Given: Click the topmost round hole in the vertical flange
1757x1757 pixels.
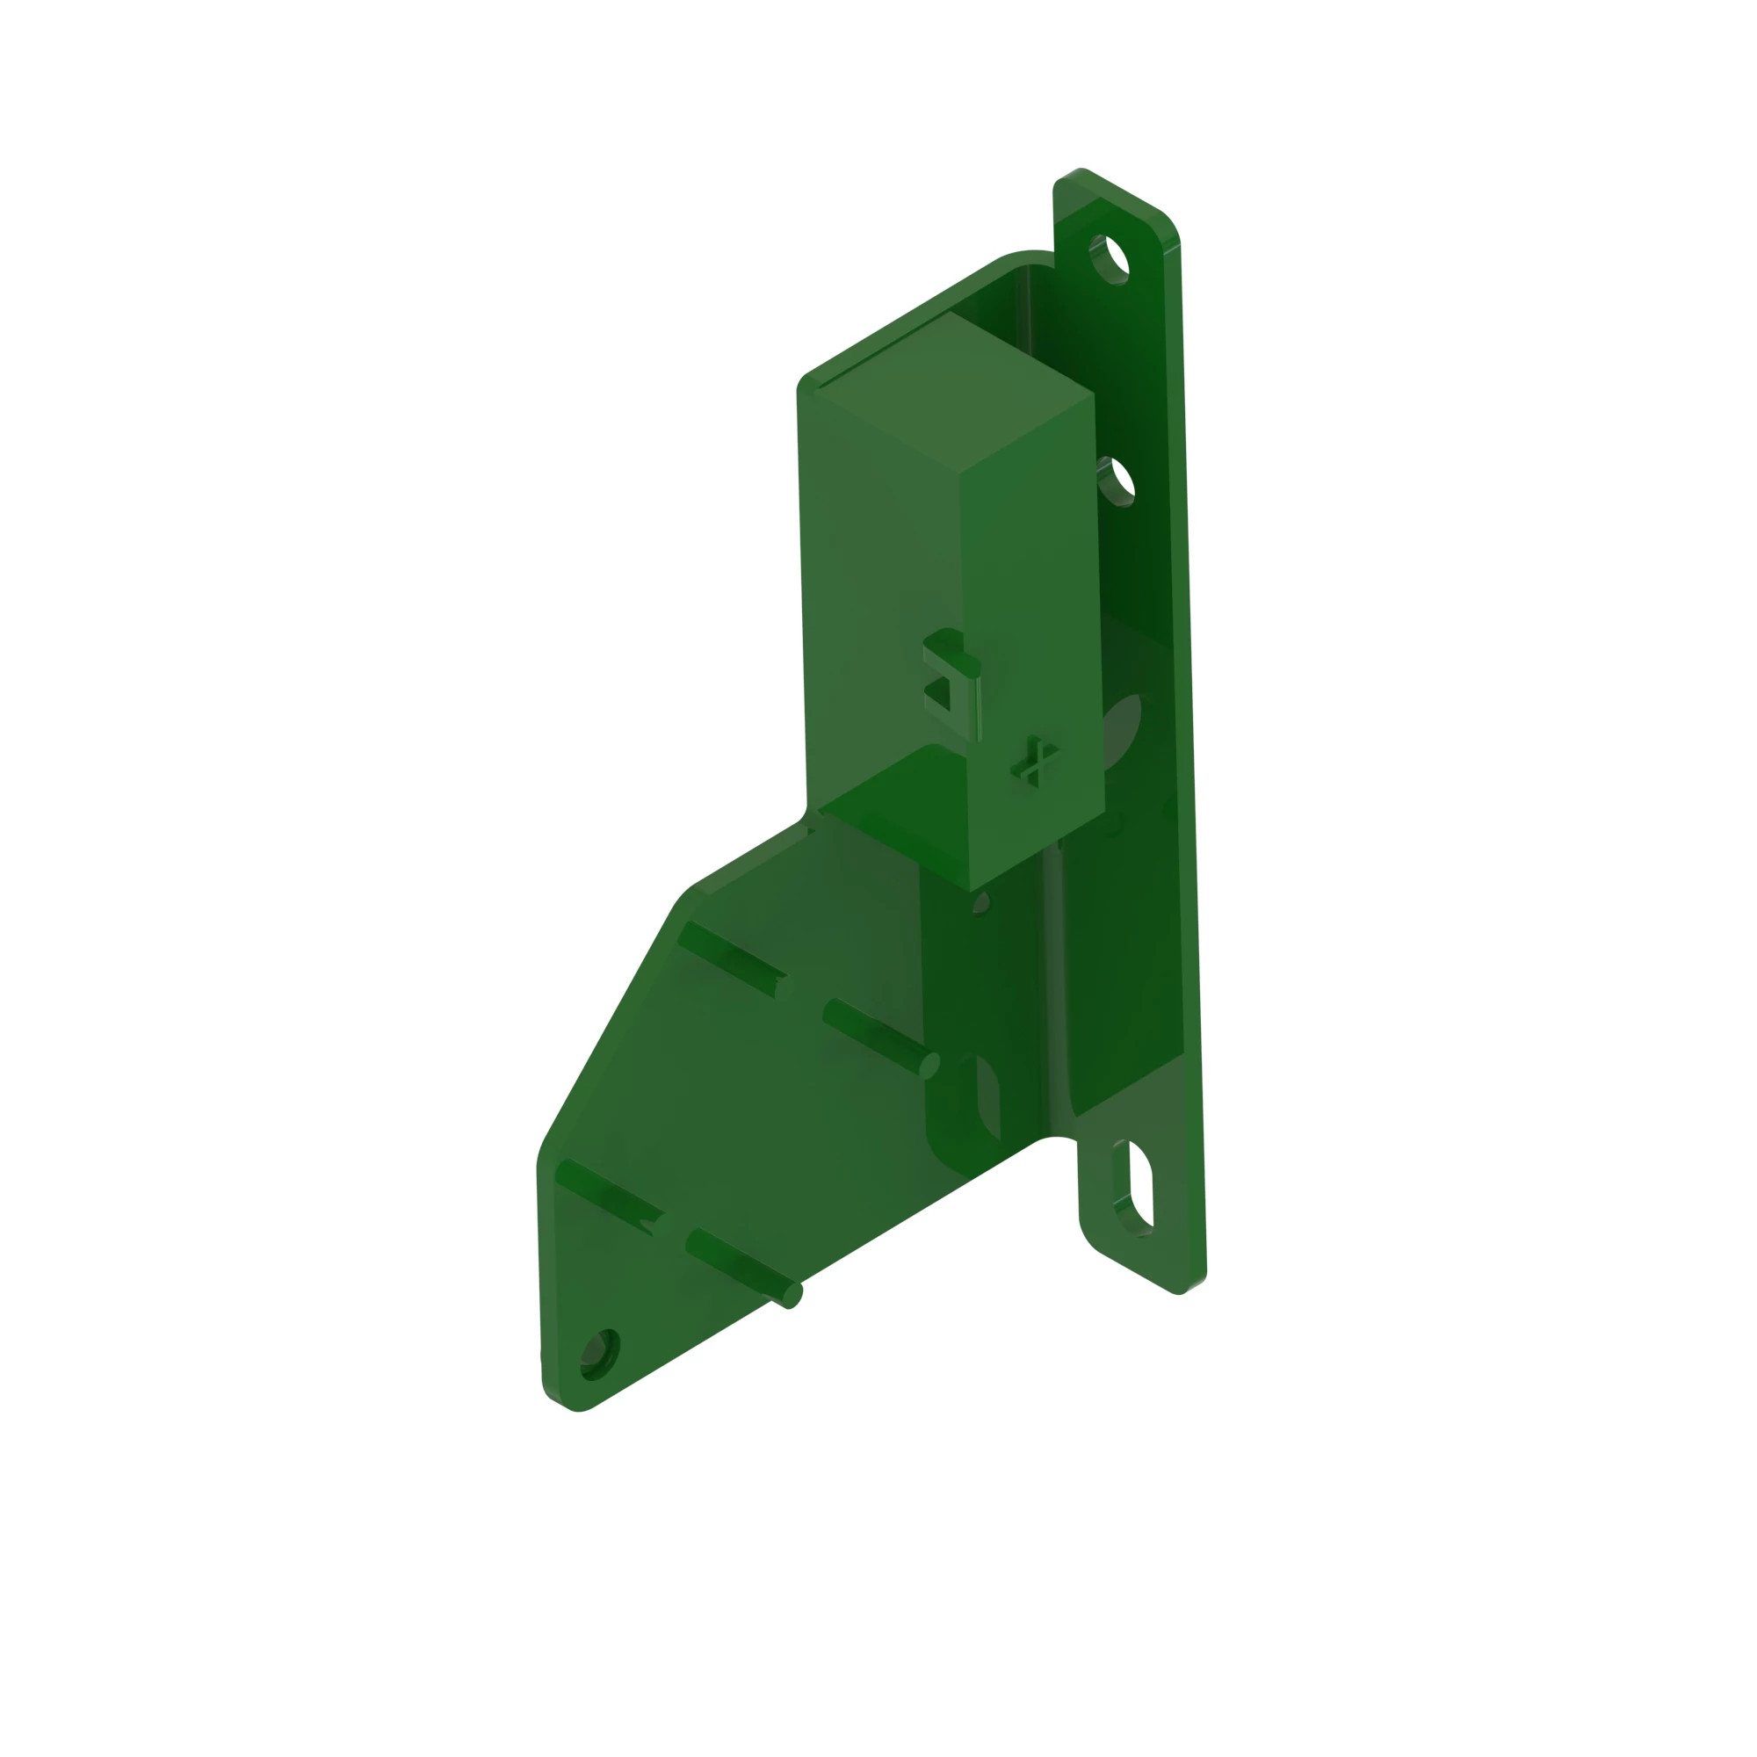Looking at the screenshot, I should click(1110, 259).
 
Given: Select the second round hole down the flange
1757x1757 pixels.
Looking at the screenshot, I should click(1117, 481).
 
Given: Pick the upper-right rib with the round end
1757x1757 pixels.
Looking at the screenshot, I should click(878, 1037).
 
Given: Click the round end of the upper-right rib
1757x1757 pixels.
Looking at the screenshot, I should click(929, 1066).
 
